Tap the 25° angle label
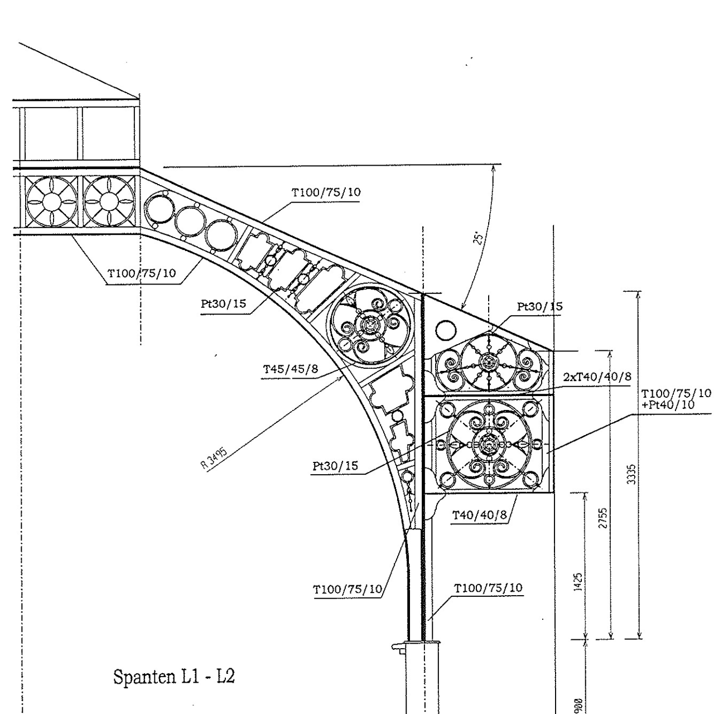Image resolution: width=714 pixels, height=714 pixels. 477,238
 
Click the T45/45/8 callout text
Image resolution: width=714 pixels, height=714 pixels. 291,368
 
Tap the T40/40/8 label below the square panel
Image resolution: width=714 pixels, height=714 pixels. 480,514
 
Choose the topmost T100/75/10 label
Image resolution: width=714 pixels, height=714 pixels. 326,192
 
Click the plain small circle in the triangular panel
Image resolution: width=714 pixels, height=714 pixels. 446,330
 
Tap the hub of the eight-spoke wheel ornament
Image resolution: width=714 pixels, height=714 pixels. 489,363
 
